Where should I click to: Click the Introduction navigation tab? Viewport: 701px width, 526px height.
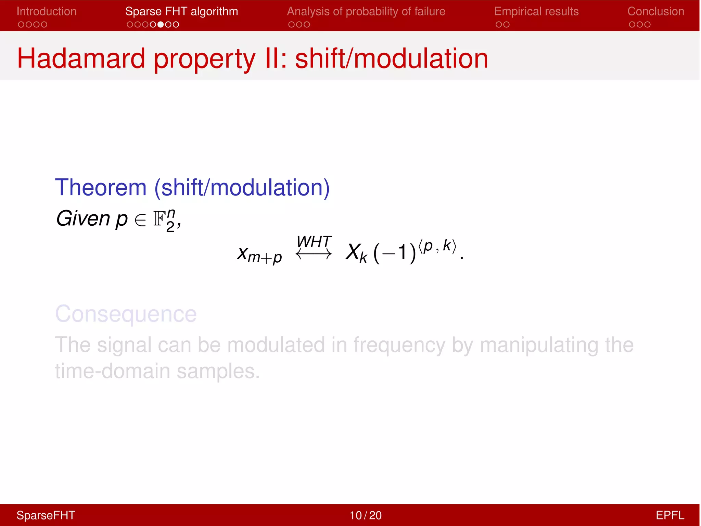(47, 12)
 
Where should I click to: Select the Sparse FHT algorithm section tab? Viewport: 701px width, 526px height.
(181, 12)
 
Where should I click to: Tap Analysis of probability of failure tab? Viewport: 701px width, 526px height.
(366, 12)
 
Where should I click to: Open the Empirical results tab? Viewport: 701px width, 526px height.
(536, 12)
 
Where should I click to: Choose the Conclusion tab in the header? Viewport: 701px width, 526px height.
(655, 12)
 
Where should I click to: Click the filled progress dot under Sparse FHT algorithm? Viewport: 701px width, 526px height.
(161, 25)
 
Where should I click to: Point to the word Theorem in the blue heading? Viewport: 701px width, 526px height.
(101, 187)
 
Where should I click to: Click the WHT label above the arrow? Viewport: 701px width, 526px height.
(314, 242)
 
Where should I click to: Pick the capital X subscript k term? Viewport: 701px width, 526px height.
(356, 253)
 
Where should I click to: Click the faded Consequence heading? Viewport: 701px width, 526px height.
(126, 314)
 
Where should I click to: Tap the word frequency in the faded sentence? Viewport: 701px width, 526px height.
(399, 345)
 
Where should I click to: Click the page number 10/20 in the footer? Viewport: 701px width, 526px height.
(365, 515)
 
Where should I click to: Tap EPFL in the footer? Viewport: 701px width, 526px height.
(670, 515)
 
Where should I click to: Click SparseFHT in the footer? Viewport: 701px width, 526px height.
(46, 515)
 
